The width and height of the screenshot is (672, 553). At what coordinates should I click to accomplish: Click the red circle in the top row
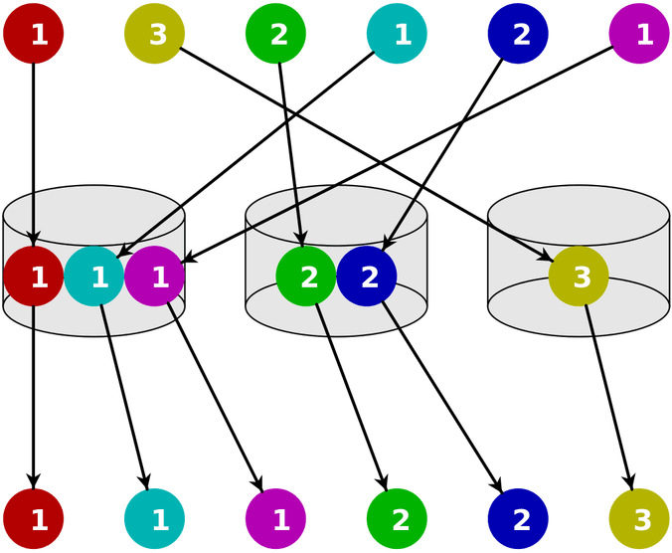(33, 35)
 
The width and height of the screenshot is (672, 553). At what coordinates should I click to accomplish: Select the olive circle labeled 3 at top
(155, 35)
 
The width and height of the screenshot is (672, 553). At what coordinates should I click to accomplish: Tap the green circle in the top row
(275, 35)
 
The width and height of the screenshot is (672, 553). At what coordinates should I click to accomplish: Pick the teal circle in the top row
(397, 35)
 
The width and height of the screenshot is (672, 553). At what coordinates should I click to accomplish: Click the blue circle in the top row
(518, 35)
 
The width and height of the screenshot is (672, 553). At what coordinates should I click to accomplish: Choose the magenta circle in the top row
(639, 35)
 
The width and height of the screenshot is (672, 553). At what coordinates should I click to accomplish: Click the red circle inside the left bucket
(33, 276)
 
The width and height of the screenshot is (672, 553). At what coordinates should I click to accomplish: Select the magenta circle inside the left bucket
(155, 276)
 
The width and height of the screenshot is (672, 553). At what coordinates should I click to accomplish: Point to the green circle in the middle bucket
(306, 276)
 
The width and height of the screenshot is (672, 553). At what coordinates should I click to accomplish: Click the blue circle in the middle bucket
(367, 276)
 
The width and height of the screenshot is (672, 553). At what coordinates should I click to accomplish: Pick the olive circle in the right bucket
(579, 276)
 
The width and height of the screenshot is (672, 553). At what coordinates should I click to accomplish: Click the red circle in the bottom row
(33, 517)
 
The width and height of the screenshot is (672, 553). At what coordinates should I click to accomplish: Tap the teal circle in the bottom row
(155, 517)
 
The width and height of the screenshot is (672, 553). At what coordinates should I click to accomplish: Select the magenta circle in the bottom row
(275, 517)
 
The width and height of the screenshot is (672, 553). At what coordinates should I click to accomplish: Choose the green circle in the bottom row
(397, 517)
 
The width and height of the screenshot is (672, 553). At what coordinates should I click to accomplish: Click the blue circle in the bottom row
(518, 517)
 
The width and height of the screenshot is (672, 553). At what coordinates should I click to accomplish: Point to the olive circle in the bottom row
(639, 517)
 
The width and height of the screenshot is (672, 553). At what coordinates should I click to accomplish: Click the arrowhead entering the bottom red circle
(33, 479)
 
